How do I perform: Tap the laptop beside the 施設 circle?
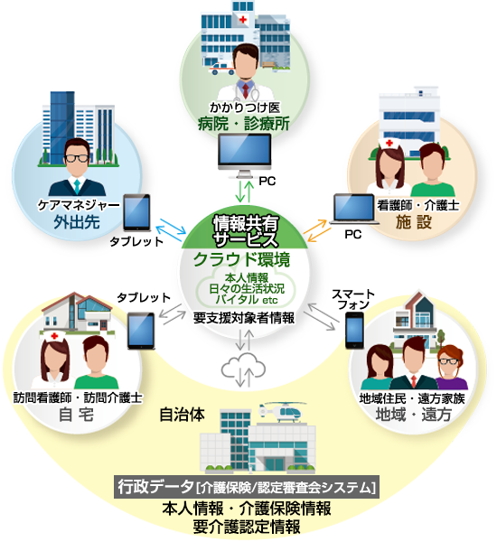354,210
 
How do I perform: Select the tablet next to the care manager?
137,212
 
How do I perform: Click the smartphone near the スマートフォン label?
354,331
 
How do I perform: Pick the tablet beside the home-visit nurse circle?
141,331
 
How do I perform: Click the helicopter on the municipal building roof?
282,411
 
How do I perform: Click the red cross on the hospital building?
243,19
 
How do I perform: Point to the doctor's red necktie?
245,90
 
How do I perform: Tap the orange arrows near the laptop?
317,230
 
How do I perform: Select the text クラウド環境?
241,260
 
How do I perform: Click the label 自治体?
182,415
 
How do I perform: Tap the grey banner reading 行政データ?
247,488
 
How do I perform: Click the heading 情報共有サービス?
245,231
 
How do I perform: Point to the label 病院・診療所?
243,124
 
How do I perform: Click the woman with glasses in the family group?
450,368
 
